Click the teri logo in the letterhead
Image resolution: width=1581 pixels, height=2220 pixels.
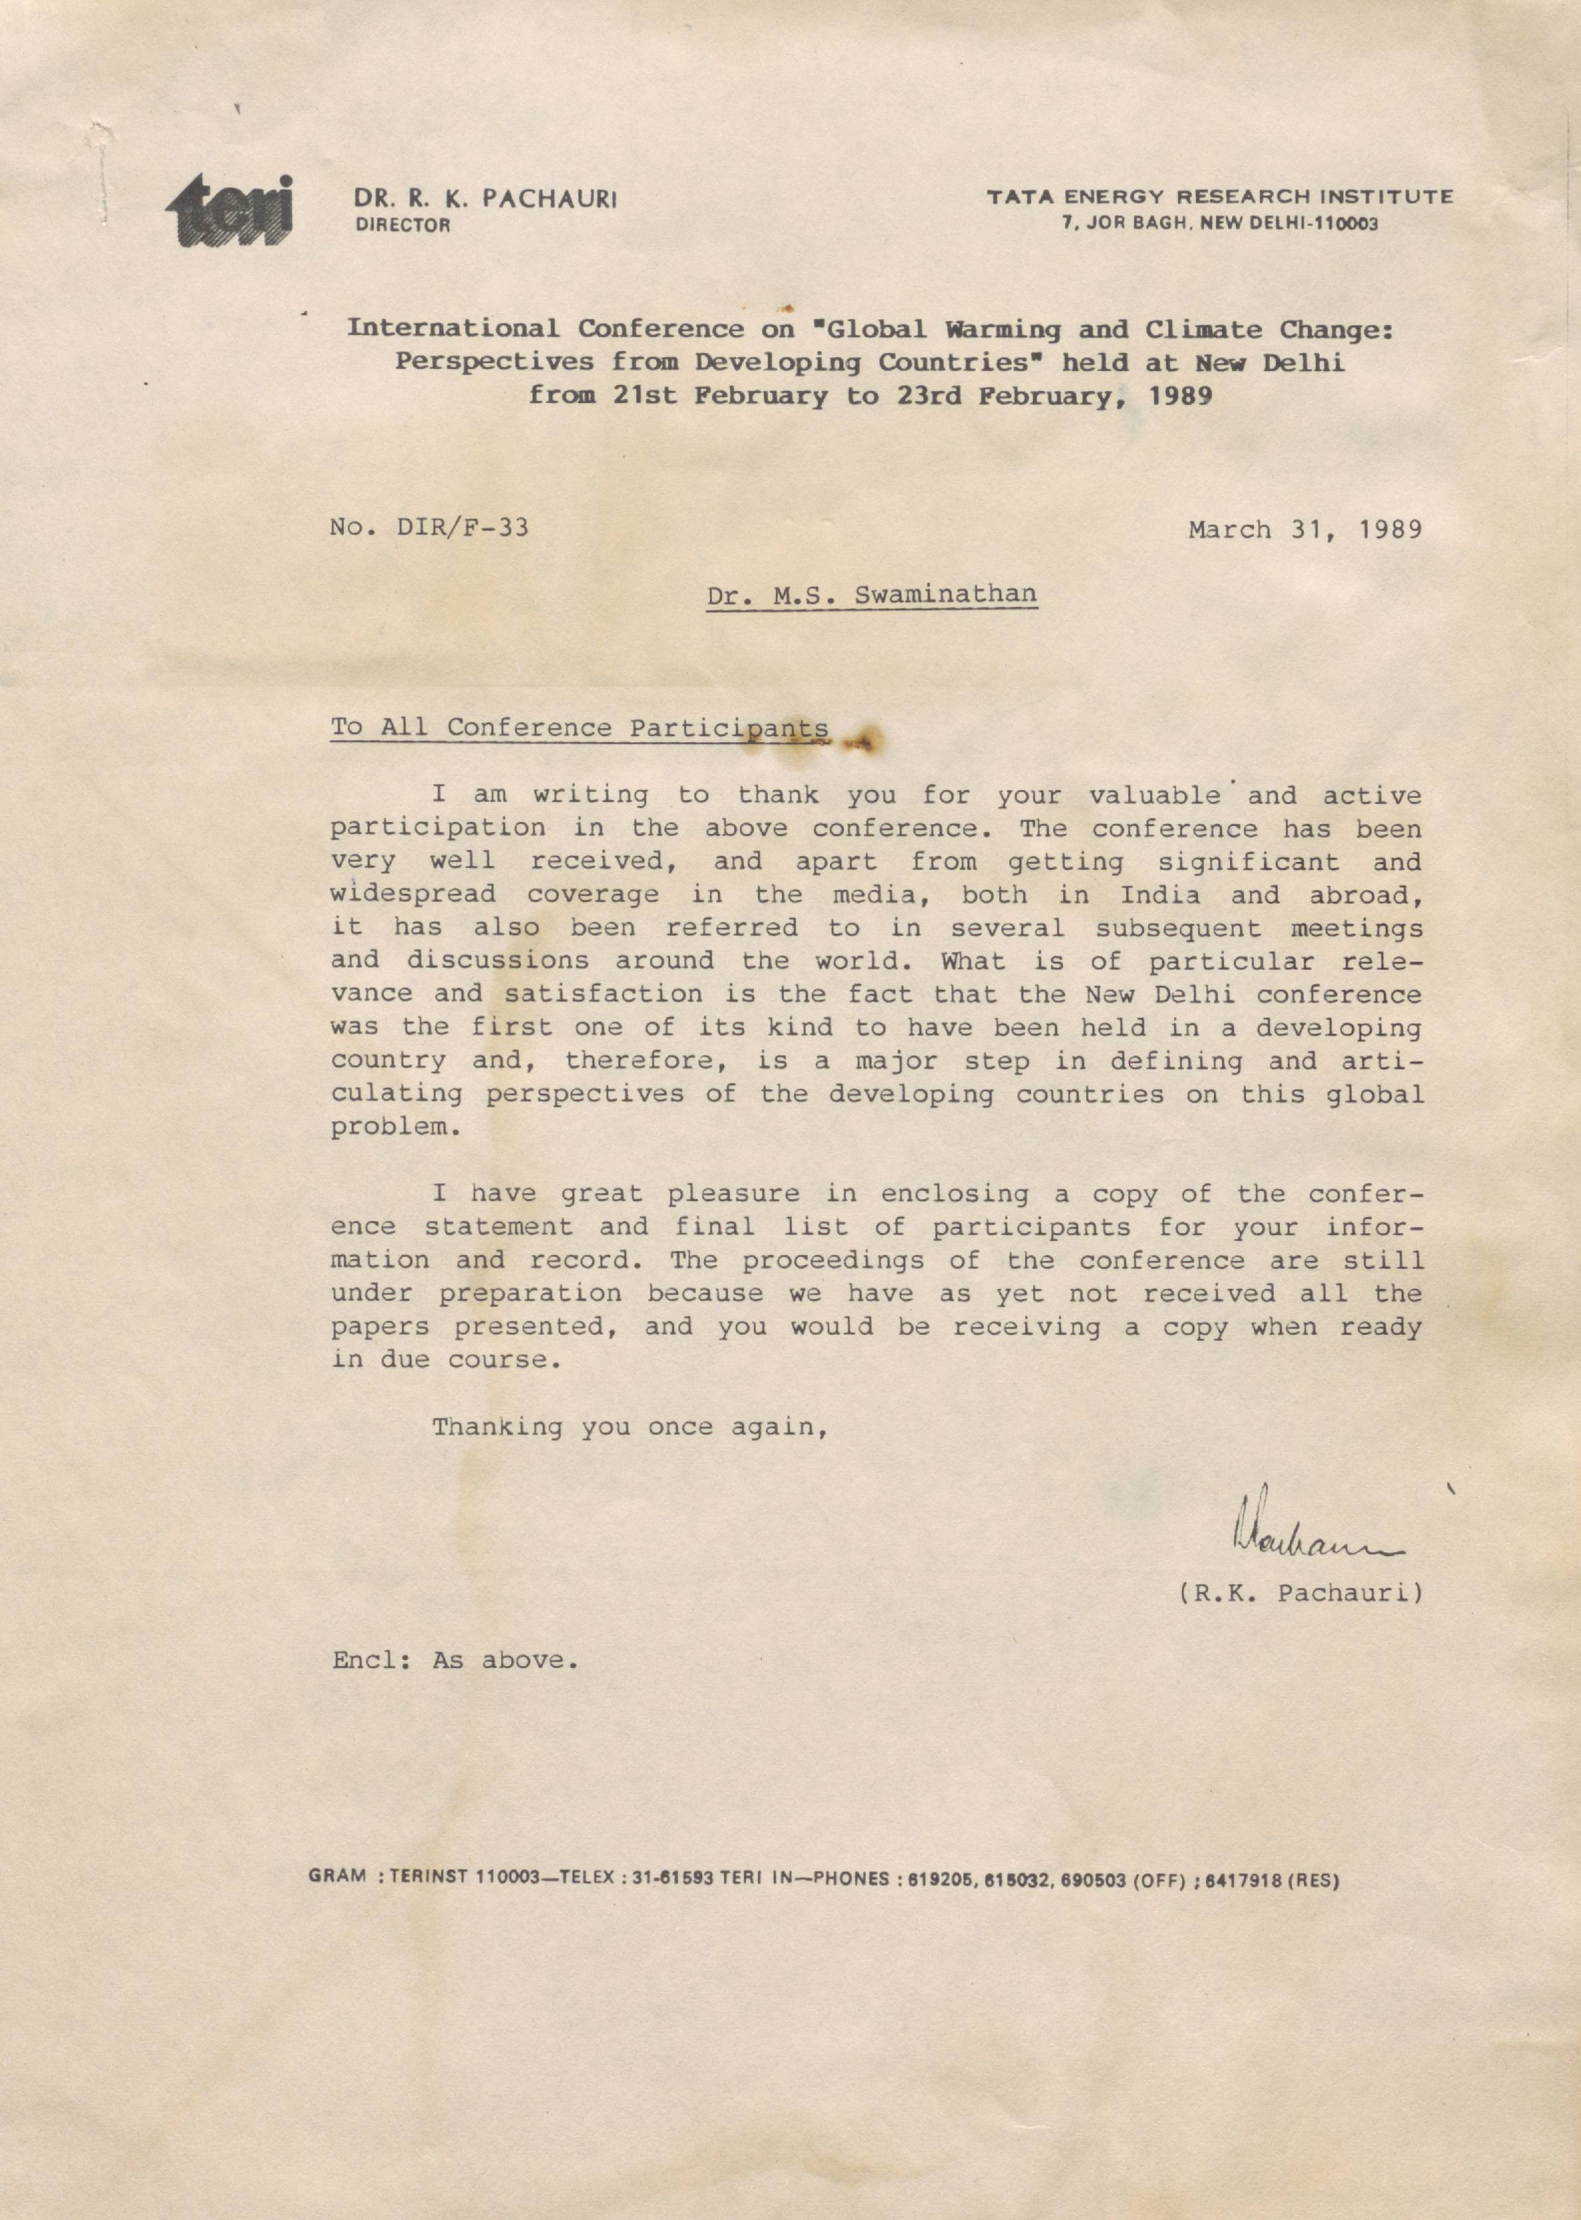(x=230, y=210)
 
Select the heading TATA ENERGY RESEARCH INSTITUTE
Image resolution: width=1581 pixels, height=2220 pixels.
(x=1221, y=197)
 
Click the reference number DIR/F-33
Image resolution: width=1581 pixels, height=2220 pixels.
(x=463, y=528)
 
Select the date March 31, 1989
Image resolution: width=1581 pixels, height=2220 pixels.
(x=1304, y=529)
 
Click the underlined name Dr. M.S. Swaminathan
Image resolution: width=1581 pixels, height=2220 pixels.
(x=872, y=594)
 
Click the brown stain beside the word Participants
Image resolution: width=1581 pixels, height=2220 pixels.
(x=862, y=742)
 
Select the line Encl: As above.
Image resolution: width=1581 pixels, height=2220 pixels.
(x=455, y=1660)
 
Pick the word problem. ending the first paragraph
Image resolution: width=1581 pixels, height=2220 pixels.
(x=392, y=1127)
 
